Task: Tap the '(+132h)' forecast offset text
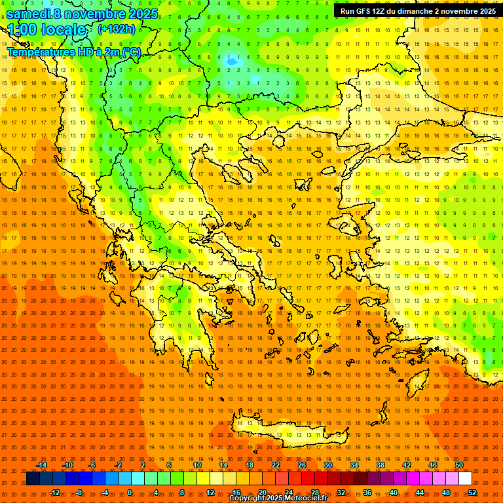click(116, 29)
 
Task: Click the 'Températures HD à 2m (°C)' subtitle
click(73, 52)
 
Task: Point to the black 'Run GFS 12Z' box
click(417, 10)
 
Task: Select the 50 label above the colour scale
click(459, 465)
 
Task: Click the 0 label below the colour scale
click(130, 493)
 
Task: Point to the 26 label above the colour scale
click(302, 465)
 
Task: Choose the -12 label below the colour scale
click(54, 493)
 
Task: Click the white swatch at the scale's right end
click(466, 479)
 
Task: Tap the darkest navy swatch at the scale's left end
click(33, 479)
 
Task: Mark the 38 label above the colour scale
click(381, 465)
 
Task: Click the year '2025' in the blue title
click(142, 13)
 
